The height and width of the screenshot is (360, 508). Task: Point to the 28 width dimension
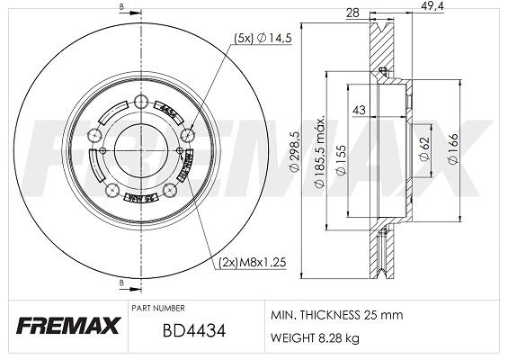352,13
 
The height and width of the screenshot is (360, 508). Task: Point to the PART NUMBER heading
157,308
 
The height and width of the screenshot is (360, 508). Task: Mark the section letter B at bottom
122,283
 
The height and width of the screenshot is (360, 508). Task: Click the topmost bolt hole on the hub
140,101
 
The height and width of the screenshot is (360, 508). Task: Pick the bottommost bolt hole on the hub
112,188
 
